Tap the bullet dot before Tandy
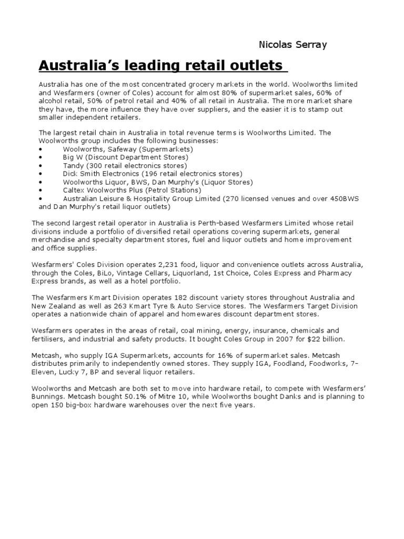41,165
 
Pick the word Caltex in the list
73,190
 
